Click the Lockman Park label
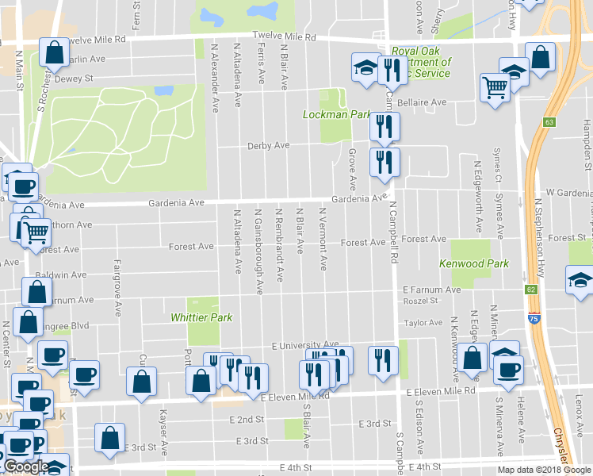(337, 115)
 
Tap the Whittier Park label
(201, 317)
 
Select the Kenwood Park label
(474, 263)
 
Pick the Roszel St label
(420, 301)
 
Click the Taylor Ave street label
(423, 323)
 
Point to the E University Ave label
(305, 346)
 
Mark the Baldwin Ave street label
(60, 275)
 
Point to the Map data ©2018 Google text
(544, 470)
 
